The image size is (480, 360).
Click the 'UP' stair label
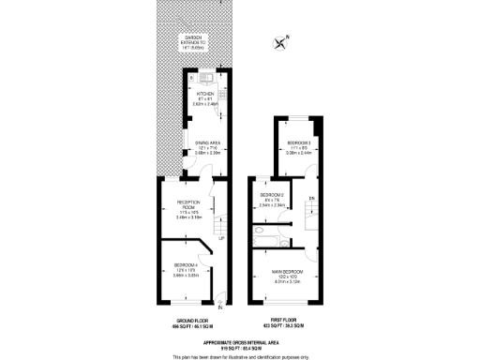point(221,238)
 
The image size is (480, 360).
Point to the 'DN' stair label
point(310,199)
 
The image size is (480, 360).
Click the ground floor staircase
point(219,225)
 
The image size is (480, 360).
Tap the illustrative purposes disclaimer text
point(240,356)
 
